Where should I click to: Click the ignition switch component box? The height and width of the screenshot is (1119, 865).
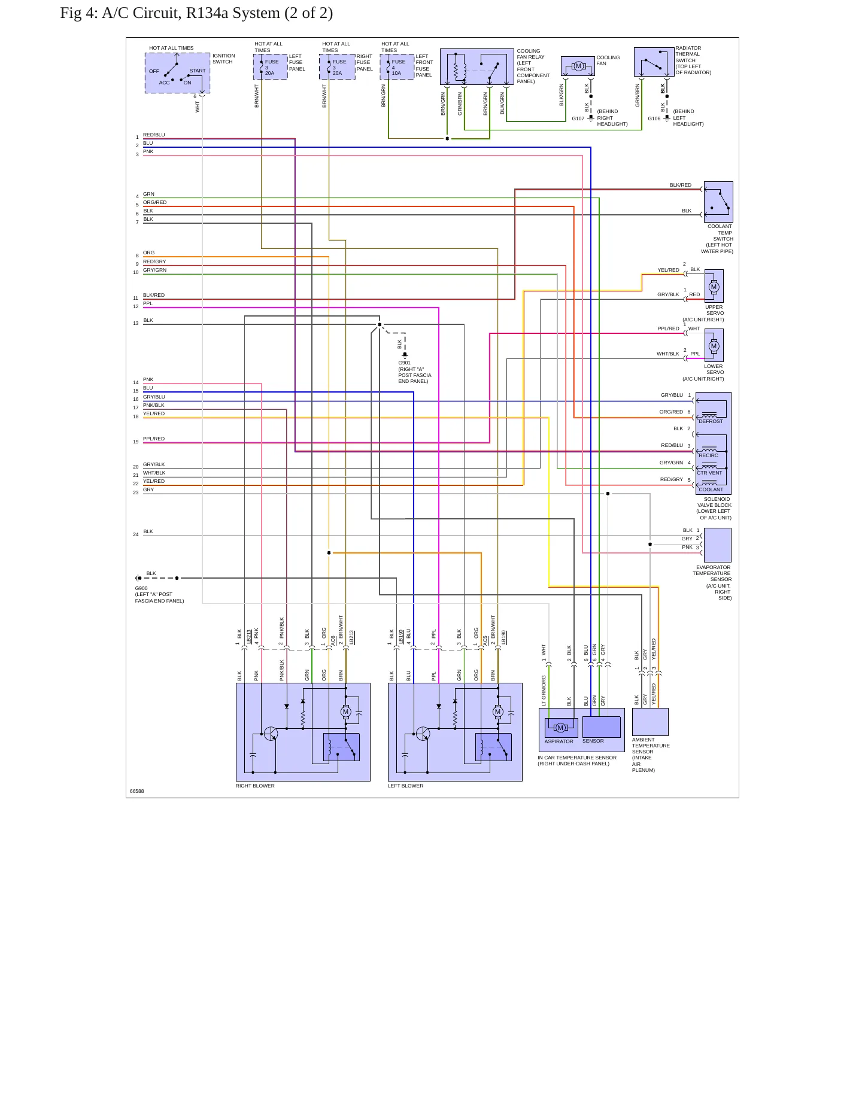pos(177,73)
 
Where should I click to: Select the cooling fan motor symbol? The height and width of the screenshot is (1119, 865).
pos(578,66)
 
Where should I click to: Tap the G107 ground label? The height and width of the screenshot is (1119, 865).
pos(578,118)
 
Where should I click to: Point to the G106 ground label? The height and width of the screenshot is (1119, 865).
pos(654,118)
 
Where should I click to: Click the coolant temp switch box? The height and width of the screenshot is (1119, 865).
pos(718,202)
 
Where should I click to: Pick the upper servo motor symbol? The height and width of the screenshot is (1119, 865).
pos(714,287)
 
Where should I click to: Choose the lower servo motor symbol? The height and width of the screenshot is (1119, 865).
pos(714,346)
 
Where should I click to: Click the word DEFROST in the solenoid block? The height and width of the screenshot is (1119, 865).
pos(711,421)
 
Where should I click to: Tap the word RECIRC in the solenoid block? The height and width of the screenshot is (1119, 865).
pos(708,455)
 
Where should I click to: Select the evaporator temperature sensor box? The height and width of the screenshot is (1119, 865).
pos(718,545)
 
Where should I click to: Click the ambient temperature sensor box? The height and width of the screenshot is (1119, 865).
pos(650,722)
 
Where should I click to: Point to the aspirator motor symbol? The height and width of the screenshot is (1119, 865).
pos(560,728)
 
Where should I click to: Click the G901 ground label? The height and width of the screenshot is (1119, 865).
pos(404,363)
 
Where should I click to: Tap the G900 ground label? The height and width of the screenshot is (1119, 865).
pos(141,588)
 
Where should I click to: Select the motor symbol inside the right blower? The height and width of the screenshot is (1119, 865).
pos(345,711)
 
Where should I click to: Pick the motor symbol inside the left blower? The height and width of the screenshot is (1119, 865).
pos(497,711)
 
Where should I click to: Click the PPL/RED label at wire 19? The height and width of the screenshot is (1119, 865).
pos(154,439)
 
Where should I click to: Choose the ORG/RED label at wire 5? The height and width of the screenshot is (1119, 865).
pos(154,202)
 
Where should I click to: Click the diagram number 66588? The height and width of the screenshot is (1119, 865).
pos(137,791)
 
